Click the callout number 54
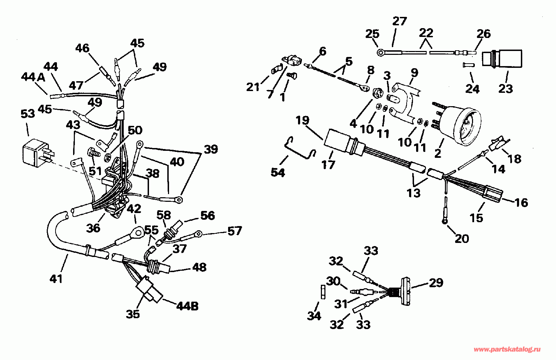tap(278, 172)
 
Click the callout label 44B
tap(187, 306)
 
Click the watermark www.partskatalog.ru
tap(507, 349)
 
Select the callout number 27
tap(399, 21)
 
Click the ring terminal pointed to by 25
tap(381, 53)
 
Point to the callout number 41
tap(56, 278)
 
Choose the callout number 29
tap(436, 282)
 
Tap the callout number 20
tap(461, 238)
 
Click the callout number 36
tap(93, 228)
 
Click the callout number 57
tap(234, 231)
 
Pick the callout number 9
tap(414, 73)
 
